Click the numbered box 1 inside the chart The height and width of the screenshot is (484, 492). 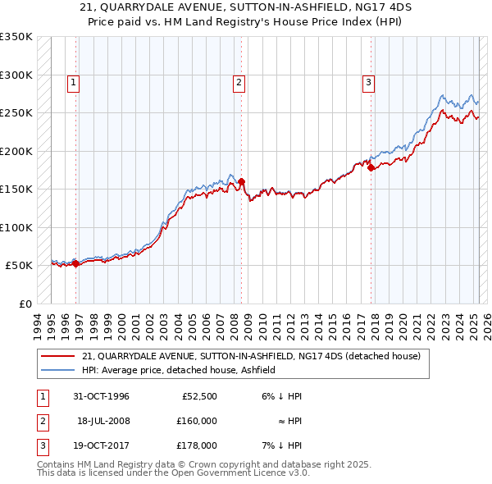[x=74, y=82]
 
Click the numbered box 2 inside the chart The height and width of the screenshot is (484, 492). [x=238, y=82]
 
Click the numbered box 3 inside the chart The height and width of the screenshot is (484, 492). [x=368, y=82]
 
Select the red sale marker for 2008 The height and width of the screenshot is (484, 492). [x=242, y=182]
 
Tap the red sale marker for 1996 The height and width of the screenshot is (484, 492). [x=76, y=263]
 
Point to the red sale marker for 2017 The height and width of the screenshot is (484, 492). [x=371, y=168]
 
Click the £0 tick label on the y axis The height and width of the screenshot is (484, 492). [x=25, y=304]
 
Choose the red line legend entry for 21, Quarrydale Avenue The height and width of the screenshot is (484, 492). [x=251, y=356]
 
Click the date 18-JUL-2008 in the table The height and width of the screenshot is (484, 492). [x=104, y=421]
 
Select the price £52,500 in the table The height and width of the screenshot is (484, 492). [x=199, y=396]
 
